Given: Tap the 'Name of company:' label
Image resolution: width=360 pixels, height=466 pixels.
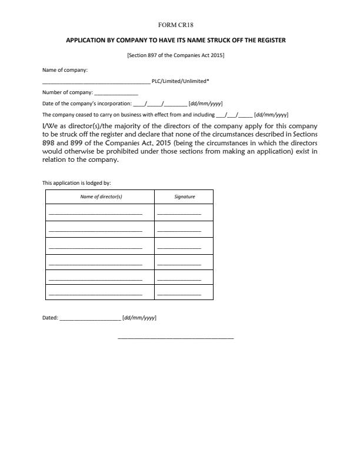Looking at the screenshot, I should [65, 70].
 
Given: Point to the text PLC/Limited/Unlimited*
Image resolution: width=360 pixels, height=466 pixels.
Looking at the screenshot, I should [181, 82].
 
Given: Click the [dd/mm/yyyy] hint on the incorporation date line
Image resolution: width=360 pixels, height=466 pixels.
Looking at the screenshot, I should [205, 104].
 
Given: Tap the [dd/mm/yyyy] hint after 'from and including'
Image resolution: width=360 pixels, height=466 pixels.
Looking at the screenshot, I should [271, 115].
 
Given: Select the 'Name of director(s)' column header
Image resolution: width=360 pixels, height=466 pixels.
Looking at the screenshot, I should [99, 197].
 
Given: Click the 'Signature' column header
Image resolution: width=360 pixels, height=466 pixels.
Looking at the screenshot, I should [184, 197].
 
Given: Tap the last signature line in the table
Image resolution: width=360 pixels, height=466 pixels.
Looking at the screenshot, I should [179, 294].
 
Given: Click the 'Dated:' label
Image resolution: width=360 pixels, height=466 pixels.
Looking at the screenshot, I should [50, 318].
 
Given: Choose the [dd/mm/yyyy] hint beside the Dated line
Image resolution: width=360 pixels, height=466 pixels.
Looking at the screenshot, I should [139, 318].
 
